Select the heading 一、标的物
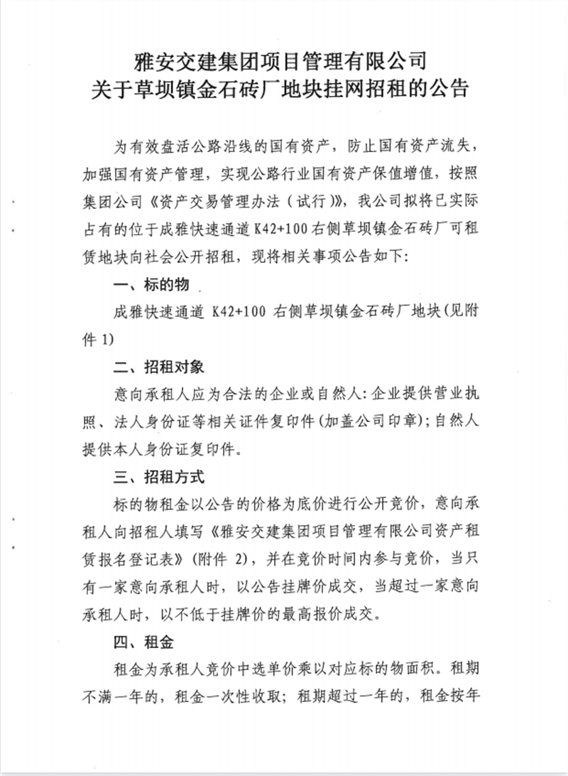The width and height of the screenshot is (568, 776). click(x=151, y=285)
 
